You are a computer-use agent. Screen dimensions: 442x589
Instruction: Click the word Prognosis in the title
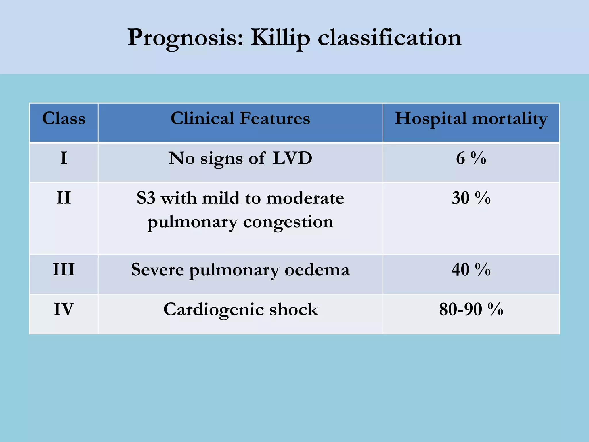[x=185, y=38]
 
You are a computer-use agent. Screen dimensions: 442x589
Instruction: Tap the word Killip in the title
[x=280, y=38]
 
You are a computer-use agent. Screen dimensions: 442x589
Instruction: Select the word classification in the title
[x=389, y=38]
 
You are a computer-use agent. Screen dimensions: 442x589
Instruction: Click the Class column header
[x=64, y=118]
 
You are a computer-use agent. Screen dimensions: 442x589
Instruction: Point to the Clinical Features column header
[x=240, y=118]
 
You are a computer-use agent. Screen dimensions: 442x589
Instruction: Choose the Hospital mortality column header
[x=471, y=119]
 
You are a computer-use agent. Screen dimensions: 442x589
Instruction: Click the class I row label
[x=64, y=158]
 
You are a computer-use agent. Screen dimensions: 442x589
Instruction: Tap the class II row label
[x=64, y=198]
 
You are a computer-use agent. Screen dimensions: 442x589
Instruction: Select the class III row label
[x=64, y=270]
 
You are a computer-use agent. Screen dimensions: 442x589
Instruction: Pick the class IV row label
[x=64, y=309]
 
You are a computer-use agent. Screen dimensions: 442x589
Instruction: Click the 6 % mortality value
[x=471, y=158]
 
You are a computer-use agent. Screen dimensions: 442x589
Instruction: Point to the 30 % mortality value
[x=471, y=198]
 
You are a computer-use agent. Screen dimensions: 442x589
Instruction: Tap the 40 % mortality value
[x=471, y=270]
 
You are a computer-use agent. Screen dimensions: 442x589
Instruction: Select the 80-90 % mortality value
[x=471, y=309]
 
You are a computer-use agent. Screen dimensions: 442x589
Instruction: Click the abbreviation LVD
[x=292, y=158]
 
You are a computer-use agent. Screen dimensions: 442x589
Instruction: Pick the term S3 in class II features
[x=146, y=198]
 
